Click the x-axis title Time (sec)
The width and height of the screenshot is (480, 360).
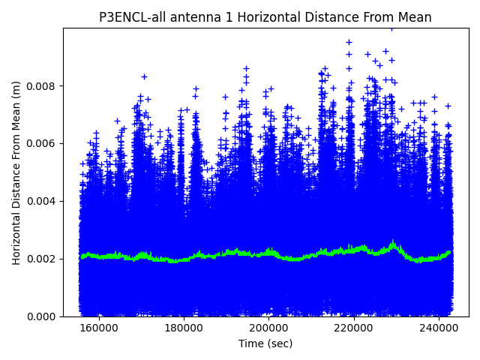point(265,343)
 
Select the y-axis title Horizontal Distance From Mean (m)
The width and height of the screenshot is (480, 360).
point(16,172)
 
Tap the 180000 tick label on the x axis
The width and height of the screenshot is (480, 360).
point(183,328)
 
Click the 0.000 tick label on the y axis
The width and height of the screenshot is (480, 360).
point(43,316)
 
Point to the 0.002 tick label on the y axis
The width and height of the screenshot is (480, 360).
point(43,259)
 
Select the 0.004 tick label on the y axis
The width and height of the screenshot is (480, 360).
point(43,201)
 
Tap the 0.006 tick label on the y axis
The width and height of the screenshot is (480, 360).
point(43,143)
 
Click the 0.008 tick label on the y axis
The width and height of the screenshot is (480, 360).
point(43,85)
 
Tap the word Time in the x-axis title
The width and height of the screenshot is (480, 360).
point(250,343)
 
